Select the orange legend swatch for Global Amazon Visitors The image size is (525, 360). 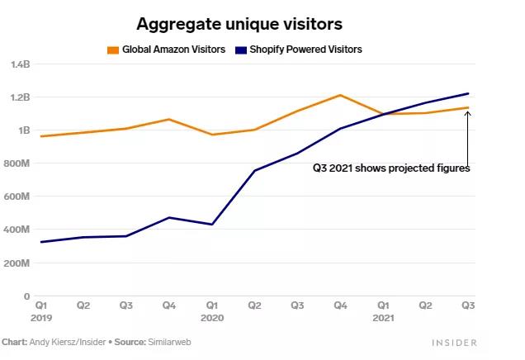tap(113, 50)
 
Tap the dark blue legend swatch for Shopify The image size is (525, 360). tap(240, 50)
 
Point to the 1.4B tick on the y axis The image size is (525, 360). tap(21, 64)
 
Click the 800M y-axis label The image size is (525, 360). tap(18, 163)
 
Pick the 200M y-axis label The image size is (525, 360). tap(18, 263)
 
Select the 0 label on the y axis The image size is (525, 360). tap(26, 296)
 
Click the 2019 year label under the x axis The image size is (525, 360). tap(41, 318)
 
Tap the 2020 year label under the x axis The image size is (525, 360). tap(212, 318)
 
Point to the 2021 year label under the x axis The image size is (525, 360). tap(383, 318)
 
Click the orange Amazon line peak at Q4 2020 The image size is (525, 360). tap(340, 95)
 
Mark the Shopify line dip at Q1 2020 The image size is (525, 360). tap(212, 225)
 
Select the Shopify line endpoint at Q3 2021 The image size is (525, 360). tap(468, 93)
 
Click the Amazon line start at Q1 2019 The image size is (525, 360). tap(41, 136)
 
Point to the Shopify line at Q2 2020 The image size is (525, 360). tap(254, 171)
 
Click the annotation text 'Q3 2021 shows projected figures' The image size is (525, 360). tap(390, 168)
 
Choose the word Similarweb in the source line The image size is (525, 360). tap(170, 341)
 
